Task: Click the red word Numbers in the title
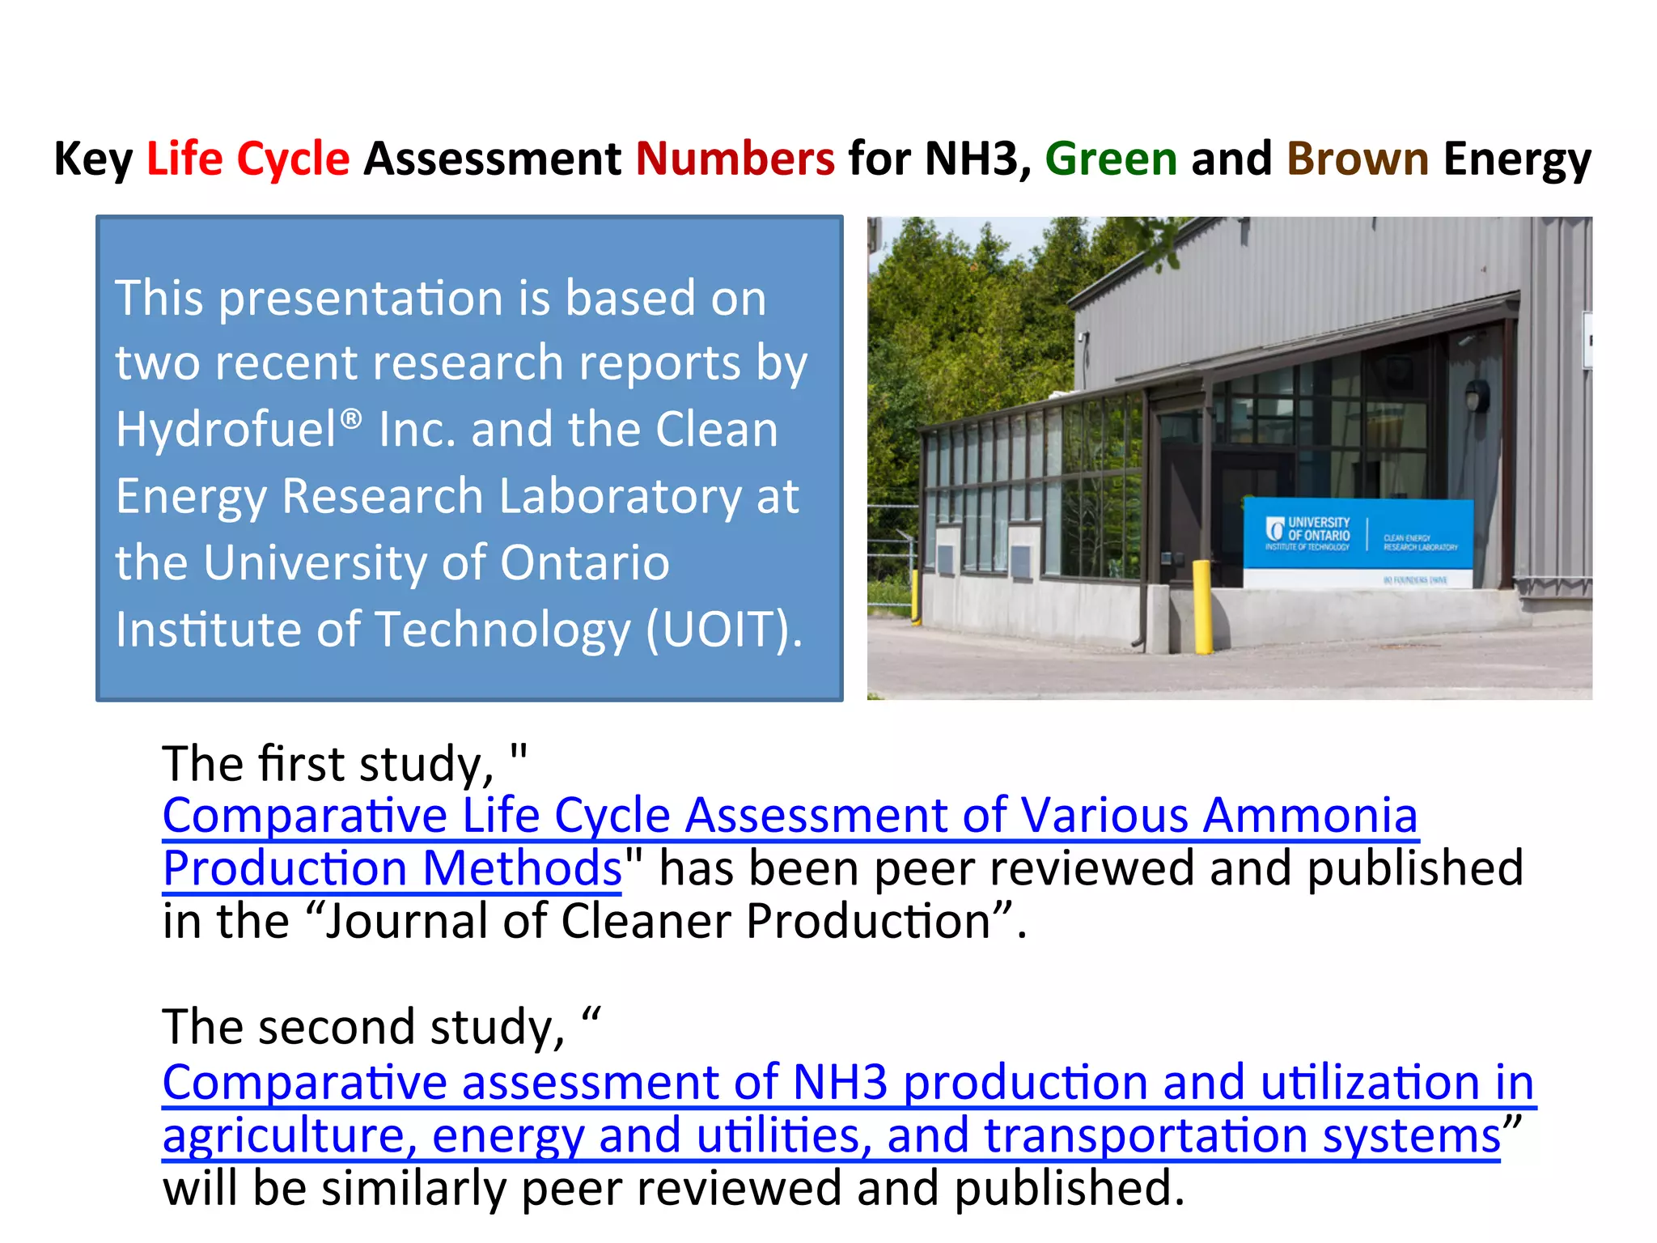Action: [735, 159]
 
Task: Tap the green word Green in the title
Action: [1110, 159]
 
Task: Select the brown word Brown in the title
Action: [1357, 159]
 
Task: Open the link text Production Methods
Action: [392, 868]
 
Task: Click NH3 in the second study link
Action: [840, 1082]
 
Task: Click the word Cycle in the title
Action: [293, 159]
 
